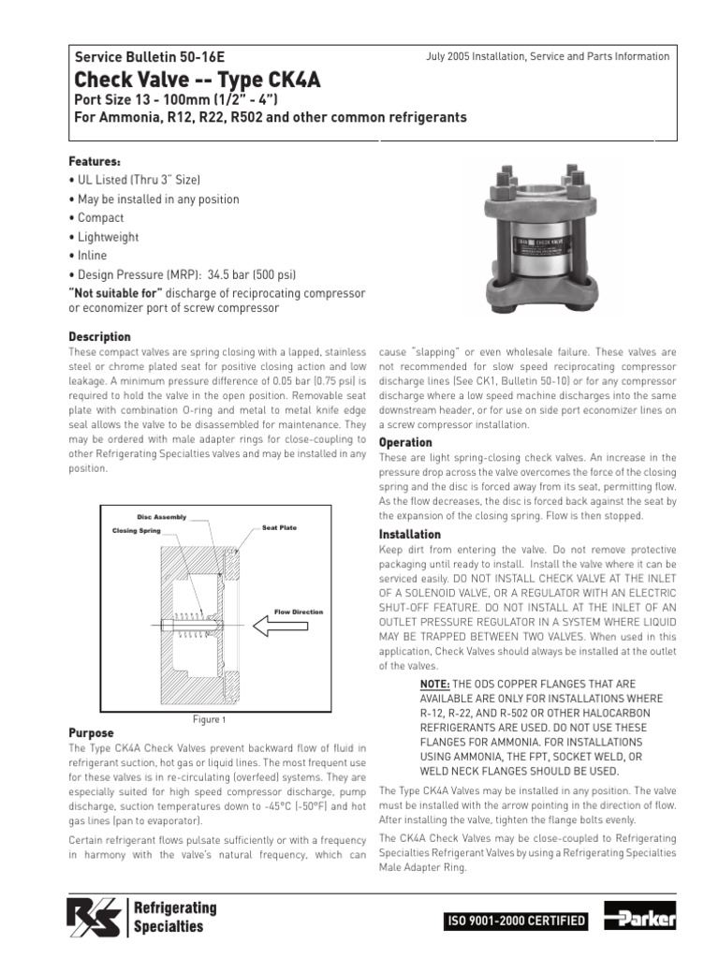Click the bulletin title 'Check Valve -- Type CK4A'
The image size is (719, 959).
[x=198, y=80]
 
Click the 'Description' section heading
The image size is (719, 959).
[x=100, y=336]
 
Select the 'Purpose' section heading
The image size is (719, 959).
[x=92, y=732]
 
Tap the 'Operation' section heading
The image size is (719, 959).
[x=405, y=442]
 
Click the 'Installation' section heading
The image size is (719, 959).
[x=410, y=534]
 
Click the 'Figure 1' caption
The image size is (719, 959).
[x=209, y=719]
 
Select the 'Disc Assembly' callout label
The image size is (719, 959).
[x=162, y=517]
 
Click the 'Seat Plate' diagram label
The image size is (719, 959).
[x=279, y=527]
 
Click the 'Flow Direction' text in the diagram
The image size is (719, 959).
[x=298, y=612]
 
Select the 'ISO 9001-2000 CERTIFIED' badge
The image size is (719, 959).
[x=519, y=922]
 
